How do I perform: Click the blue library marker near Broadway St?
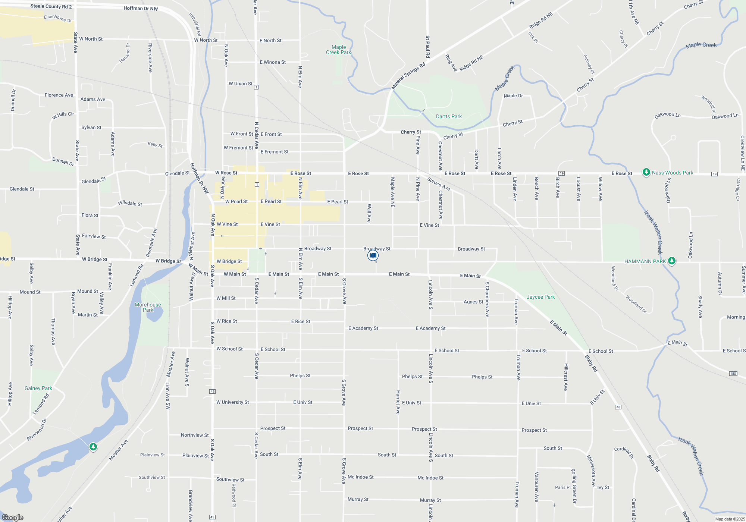click(x=373, y=255)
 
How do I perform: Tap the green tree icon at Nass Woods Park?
click(x=646, y=172)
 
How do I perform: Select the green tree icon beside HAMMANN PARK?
click(x=672, y=261)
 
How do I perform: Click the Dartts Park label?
click(x=449, y=117)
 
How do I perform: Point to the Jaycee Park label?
click(x=540, y=297)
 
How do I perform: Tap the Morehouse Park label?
click(x=148, y=307)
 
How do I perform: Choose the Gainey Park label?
click(x=38, y=388)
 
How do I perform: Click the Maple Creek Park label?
click(x=339, y=50)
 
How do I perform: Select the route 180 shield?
click(x=733, y=374)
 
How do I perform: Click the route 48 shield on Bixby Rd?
click(x=618, y=407)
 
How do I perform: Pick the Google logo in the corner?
click(x=13, y=517)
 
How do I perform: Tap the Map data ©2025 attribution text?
click(x=730, y=519)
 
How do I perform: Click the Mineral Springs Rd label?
click(x=408, y=76)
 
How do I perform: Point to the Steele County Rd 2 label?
click(x=51, y=6)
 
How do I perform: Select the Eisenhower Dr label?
click(x=58, y=18)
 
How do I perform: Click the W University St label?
click(x=232, y=402)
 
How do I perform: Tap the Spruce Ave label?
click(x=439, y=183)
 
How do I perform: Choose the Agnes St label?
click(x=473, y=302)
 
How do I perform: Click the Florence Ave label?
click(x=59, y=95)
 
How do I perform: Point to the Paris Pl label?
click(x=562, y=487)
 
